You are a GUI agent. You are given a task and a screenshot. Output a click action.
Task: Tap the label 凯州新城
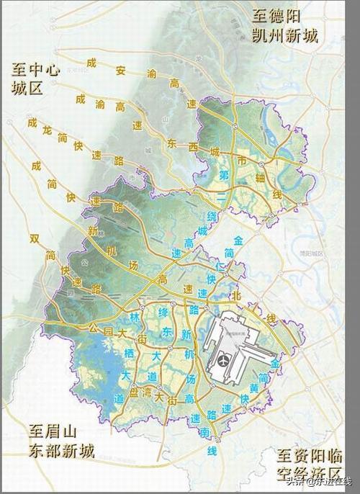pos(284,36)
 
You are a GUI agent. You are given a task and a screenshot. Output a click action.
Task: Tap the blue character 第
pos(225,174)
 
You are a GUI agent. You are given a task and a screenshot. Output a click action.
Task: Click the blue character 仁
pos(222,266)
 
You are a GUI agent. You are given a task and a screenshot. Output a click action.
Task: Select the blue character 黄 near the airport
pos(253,390)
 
